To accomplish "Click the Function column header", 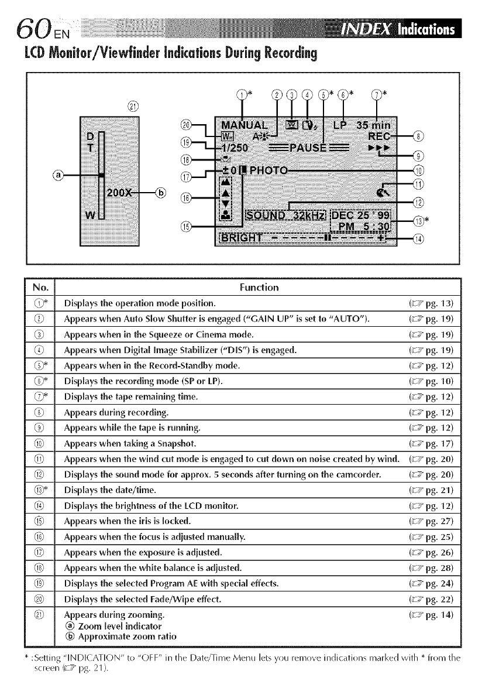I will [259, 287].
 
